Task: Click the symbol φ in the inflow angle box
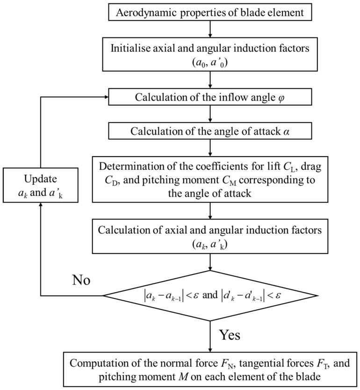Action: [283, 98]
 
